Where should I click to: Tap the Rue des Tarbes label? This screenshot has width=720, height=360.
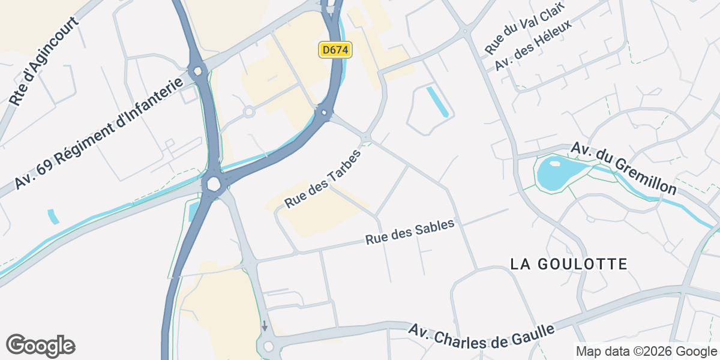click(323, 179)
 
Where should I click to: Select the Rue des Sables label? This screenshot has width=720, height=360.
click(410, 231)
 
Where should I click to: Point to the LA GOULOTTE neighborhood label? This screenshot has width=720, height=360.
click(569, 264)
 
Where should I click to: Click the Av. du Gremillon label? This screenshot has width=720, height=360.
click(623, 169)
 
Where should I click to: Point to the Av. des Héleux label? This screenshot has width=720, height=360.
click(533, 44)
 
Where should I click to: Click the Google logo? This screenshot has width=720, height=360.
click(41, 346)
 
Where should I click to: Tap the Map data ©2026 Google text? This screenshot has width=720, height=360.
click(647, 351)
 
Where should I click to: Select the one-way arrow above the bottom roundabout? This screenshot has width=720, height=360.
click(265, 326)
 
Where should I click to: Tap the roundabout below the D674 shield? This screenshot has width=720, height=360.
click(324, 112)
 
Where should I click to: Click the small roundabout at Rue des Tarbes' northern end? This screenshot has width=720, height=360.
click(366, 139)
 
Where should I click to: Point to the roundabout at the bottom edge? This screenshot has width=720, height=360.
click(268, 346)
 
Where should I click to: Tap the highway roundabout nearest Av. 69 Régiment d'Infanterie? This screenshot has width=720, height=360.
click(197, 71)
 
